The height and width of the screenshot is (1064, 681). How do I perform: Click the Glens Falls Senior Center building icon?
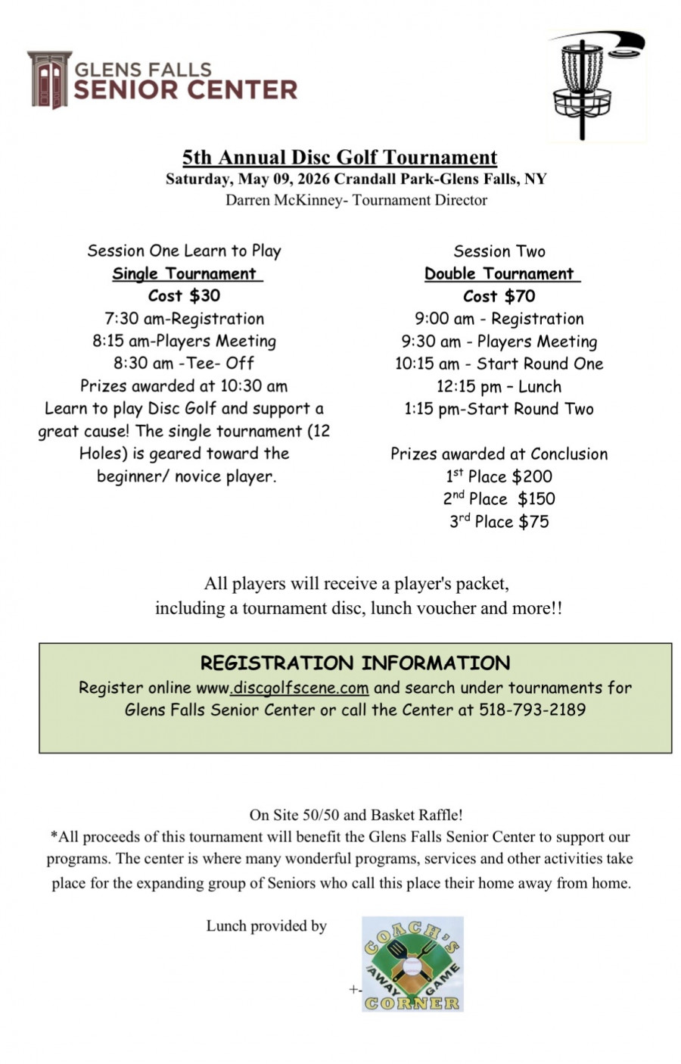point(49,80)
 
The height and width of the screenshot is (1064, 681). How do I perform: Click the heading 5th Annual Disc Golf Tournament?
point(340,158)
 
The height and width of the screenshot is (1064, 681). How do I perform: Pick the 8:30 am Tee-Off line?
point(184,364)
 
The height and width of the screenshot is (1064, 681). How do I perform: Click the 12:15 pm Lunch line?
point(499,386)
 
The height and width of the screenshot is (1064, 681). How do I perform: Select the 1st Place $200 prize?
point(499,476)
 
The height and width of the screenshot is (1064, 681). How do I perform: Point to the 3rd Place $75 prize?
point(499,522)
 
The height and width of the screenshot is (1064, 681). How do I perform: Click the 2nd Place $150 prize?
point(499,499)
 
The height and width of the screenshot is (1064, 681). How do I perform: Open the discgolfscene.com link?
point(300,688)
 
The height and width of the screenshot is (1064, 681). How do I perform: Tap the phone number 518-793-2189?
point(532,710)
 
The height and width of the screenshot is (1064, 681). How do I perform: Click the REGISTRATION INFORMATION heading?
point(355,663)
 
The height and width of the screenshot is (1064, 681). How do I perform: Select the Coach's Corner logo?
point(412,964)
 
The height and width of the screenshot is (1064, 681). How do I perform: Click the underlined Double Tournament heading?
point(499,274)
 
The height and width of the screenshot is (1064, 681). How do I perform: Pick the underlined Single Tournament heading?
point(185,274)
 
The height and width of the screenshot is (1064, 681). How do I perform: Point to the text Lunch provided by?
point(266,926)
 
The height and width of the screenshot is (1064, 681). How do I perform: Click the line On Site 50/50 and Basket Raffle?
point(356,816)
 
